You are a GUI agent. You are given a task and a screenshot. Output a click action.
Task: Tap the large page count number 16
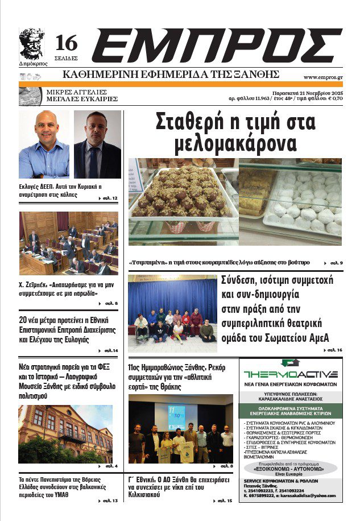point(66,43)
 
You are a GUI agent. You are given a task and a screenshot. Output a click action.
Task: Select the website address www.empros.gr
point(322,77)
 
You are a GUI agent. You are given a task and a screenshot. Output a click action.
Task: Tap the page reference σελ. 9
point(335,263)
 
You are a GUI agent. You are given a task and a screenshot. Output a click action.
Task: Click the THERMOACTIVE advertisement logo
point(290,373)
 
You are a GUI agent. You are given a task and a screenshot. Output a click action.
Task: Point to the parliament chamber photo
point(69,243)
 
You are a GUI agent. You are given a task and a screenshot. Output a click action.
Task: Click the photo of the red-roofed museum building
point(65,433)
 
